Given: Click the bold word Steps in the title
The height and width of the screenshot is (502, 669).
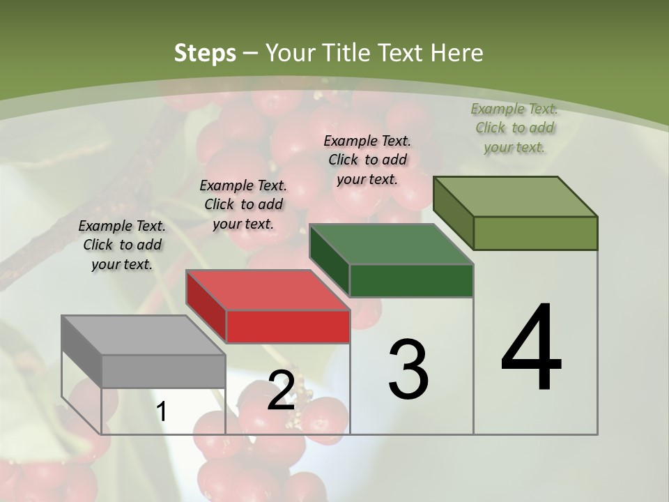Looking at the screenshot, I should [x=205, y=53].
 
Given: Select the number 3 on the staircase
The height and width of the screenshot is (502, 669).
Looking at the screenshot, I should [x=408, y=370].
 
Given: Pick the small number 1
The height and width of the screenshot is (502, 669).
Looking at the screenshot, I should [x=162, y=412].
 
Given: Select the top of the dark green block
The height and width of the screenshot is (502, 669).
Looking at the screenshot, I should [x=391, y=244].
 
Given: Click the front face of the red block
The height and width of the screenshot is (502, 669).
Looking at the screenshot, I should [x=288, y=326].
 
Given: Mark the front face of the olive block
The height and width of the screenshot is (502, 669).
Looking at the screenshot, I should [x=535, y=233].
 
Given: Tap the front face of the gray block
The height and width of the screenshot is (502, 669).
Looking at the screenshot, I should [x=164, y=371].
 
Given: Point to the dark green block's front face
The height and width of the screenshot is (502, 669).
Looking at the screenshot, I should [x=411, y=280].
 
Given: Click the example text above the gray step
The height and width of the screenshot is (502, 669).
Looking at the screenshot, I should [x=122, y=245].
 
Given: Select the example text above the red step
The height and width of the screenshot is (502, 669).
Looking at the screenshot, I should [x=243, y=204].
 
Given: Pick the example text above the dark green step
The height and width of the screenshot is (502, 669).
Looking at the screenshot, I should [x=367, y=160].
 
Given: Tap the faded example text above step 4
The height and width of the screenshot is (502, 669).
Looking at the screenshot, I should [x=514, y=128].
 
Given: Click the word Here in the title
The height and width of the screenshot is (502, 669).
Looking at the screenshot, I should [x=457, y=53].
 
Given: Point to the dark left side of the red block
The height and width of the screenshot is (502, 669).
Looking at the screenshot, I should [x=206, y=306].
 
